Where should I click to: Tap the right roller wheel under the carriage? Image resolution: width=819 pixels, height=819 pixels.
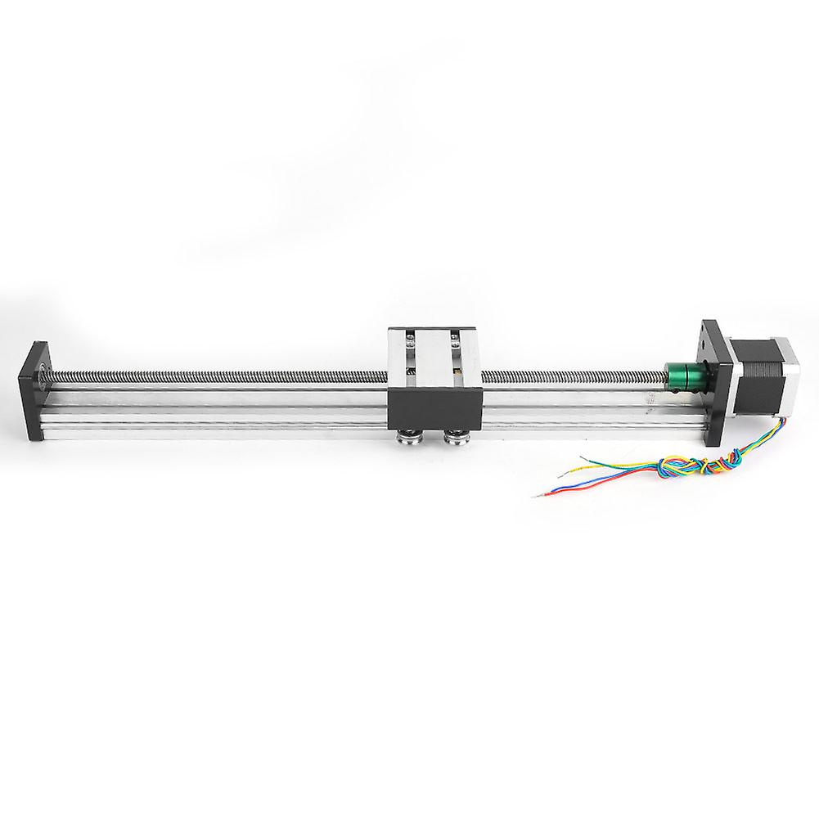pyautogui.click(x=453, y=439)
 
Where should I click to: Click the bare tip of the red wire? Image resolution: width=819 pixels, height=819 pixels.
pyautogui.click(x=533, y=495)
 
